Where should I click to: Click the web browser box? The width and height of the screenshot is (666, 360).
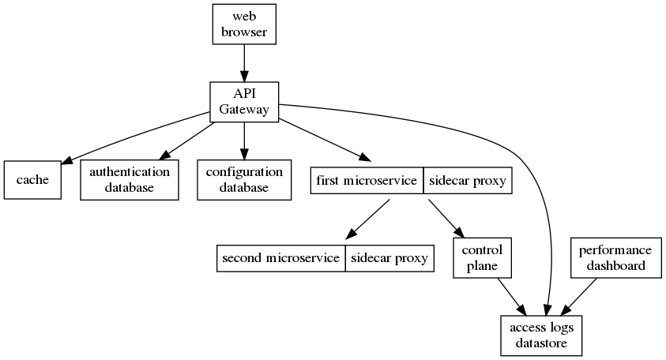(244, 24)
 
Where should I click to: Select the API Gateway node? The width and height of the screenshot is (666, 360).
(244, 101)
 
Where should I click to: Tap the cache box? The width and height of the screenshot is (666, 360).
(32, 180)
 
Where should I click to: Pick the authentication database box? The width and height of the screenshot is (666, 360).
(129, 180)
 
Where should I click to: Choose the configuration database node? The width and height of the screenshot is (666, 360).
(244, 180)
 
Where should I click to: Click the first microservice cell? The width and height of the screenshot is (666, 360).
(367, 181)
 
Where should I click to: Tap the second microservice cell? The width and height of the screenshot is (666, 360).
(280, 258)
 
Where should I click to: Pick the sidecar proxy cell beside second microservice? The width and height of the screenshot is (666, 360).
(389, 258)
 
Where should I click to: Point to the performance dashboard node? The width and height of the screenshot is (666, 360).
(615, 258)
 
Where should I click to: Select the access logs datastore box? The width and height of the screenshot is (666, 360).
(542, 336)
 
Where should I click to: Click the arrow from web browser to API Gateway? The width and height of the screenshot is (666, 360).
(244, 62)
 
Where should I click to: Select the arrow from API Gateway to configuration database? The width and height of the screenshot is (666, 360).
(244, 141)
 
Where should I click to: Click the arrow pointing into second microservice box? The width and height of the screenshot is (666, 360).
(367, 219)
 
